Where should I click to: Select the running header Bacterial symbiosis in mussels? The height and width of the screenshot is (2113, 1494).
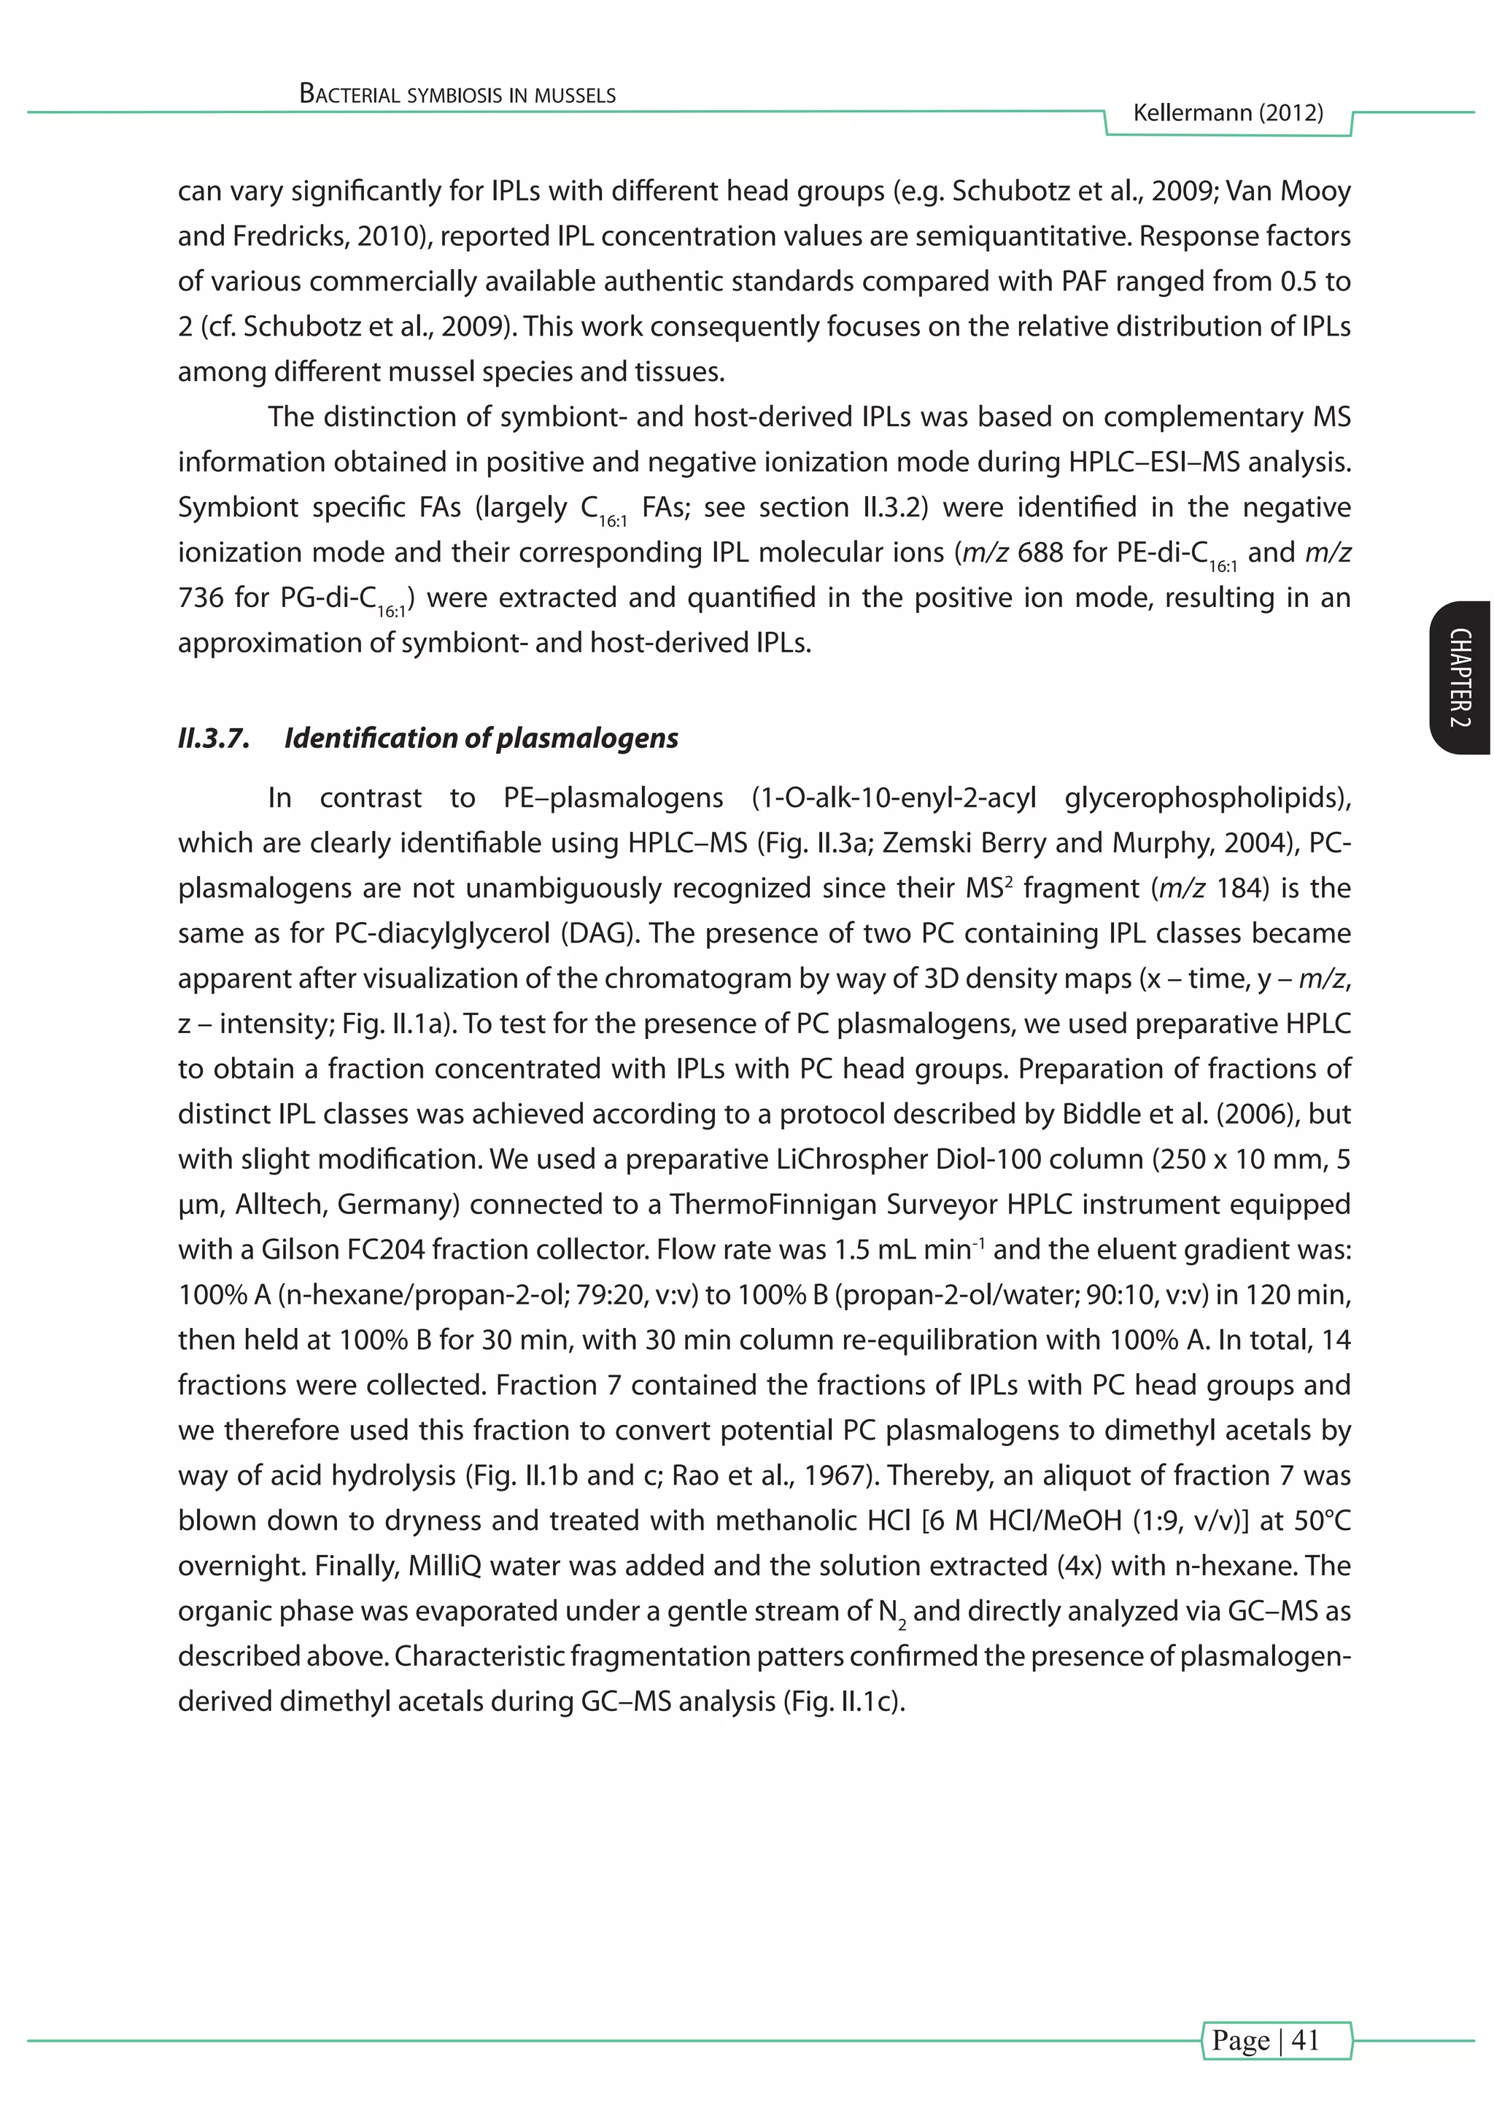[x=457, y=95]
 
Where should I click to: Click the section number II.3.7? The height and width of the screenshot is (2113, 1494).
[x=214, y=738]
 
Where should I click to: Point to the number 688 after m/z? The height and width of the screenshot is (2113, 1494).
[x=1040, y=552]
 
